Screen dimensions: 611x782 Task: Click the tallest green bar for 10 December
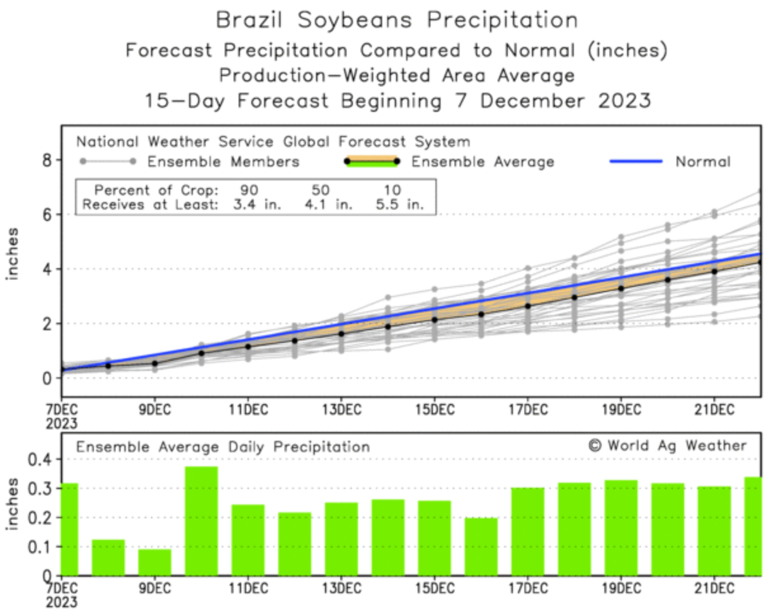(x=201, y=521)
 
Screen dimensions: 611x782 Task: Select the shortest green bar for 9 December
(x=154, y=562)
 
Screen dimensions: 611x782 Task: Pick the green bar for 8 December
(x=108, y=557)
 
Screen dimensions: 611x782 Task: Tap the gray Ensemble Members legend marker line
(x=107, y=161)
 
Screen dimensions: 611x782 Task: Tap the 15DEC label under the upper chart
(x=434, y=409)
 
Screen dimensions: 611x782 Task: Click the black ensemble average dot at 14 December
(x=388, y=326)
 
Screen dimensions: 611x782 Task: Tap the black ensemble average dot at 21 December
(x=714, y=271)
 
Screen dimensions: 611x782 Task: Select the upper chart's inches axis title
(x=13, y=253)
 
